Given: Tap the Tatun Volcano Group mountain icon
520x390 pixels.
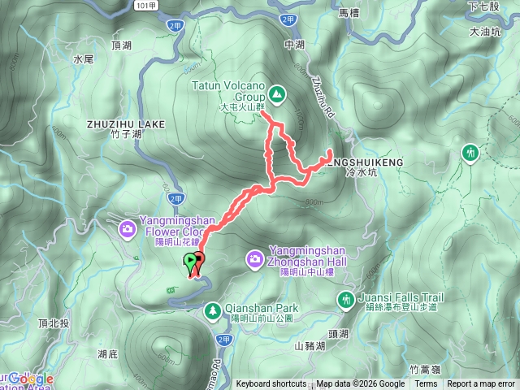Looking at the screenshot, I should coord(277,94).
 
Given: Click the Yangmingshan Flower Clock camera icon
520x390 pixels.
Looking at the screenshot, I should coord(128,229).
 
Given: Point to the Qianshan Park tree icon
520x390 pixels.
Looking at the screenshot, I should coord(212,310).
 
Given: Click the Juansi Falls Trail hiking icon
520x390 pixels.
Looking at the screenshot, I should coord(347,300).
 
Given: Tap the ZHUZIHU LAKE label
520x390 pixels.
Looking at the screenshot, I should coord(125,124).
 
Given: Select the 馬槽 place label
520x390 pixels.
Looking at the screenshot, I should coord(349,13).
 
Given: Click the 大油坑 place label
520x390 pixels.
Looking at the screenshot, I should coord(486,32).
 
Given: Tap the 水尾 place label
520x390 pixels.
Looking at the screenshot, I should coord(84,59).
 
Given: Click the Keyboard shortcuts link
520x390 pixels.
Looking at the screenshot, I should coord(271,384).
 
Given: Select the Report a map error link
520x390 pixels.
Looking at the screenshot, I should coord(481,384).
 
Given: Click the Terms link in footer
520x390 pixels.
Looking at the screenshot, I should coord(425,384).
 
